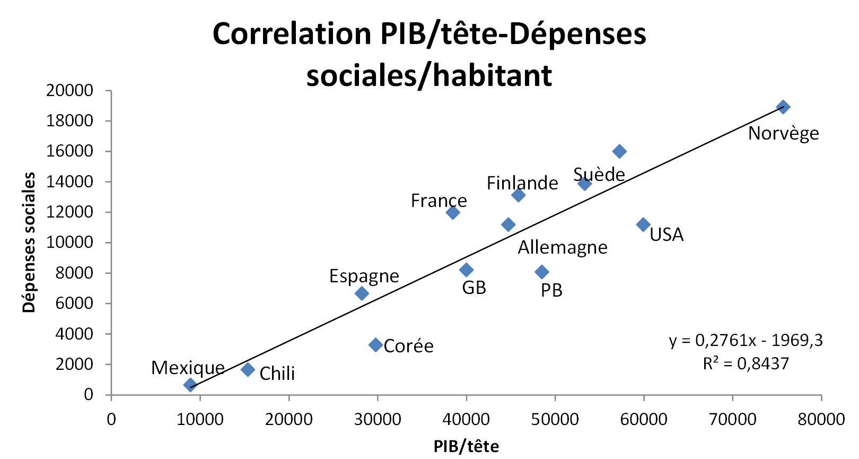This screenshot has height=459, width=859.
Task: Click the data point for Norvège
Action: (783, 107)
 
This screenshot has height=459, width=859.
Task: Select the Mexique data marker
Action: (190, 385)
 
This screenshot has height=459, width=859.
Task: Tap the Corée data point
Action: (375, 345)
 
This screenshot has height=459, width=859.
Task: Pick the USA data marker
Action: (643, 224)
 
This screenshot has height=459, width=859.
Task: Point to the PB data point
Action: (541, 272)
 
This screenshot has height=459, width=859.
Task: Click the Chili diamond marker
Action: (248, 369)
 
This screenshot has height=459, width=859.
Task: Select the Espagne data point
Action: (362, 293)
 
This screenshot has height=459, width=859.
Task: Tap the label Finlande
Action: (522, 183)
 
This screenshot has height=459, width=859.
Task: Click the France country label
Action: (439, 201)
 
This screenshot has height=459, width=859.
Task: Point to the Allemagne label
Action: (563, 247)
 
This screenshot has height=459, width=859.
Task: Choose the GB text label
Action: (474, 288)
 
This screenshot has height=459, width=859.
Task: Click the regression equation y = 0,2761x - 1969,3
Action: (746, 340)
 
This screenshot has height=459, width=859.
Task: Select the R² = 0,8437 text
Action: (746, 363)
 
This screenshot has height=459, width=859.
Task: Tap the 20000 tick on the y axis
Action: (69, 91)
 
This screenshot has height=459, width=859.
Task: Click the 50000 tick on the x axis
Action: (555, 419)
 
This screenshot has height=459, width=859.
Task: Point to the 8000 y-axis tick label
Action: (74, 273)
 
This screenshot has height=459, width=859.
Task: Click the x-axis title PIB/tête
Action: (466, 446)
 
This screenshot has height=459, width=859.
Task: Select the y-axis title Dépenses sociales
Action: (29, 242)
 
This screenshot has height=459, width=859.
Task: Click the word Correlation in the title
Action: (292, 34)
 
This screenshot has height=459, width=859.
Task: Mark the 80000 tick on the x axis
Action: (821, 419)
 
